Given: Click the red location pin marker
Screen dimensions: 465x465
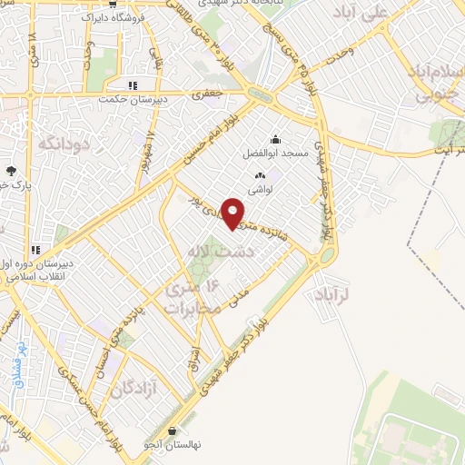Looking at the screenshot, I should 232,213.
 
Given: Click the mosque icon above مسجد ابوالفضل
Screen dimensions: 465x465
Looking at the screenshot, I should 275,140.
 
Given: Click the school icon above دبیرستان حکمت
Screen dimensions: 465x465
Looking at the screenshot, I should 133,85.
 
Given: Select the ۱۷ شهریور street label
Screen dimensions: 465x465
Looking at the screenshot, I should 145,153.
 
